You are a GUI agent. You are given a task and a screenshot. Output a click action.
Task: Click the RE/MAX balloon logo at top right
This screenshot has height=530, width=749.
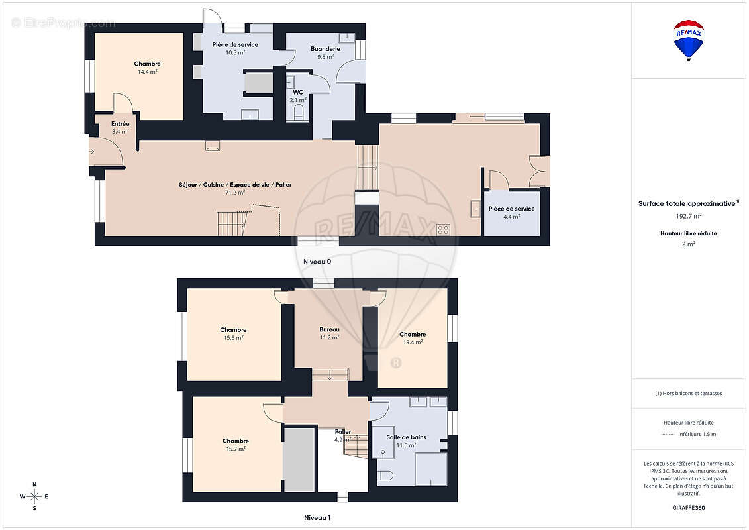coord(689,39)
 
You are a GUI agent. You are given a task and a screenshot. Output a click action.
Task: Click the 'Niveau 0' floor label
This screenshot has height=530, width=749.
coord(317,262)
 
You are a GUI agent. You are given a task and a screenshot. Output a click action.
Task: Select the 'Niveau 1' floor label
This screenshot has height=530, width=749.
coord(317,517)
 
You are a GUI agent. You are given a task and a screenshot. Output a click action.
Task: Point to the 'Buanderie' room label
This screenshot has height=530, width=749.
coord(325,49)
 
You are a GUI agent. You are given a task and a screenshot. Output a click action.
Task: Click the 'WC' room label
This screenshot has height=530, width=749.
coord(298,92)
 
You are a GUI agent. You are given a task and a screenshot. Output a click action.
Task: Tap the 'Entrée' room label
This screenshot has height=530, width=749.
coord(120,123)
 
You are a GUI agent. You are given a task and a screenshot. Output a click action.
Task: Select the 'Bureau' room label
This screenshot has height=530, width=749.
coord(329,329)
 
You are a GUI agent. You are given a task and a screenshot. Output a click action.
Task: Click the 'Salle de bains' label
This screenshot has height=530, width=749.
coord(406,437)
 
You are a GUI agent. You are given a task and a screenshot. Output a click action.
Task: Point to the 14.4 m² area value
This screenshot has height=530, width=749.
coord(147,72)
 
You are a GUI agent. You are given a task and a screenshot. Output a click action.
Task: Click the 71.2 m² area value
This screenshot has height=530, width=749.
coord(234,193)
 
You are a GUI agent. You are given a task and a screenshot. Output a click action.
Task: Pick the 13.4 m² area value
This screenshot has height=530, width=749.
coord(413,343)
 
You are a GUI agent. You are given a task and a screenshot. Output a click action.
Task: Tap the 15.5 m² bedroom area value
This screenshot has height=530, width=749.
coord(233,337)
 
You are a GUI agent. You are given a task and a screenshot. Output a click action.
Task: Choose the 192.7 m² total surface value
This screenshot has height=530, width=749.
coord(689,216)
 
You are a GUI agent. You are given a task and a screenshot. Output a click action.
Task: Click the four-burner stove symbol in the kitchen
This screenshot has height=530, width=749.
coord(443,229)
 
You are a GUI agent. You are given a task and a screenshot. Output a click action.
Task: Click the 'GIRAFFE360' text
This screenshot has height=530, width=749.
coord(689,508)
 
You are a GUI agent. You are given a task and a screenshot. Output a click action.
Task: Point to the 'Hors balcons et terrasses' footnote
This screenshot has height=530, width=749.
coord(689,393)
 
